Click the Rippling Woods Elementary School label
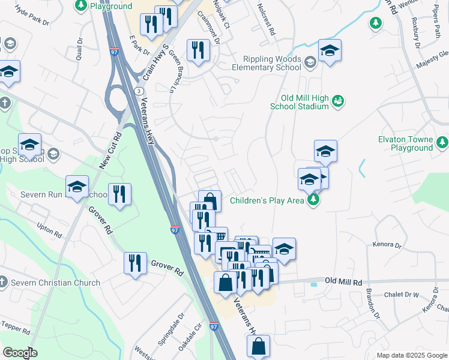[x=272, y=63]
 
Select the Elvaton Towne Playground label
[x=405, y=143]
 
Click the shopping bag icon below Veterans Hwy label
[x=258, y=346]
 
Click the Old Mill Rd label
[x=344, y=281]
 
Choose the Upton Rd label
[x=49, y=229]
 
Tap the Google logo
[x=20, y=353]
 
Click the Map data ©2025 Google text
[x=412, y=355]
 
